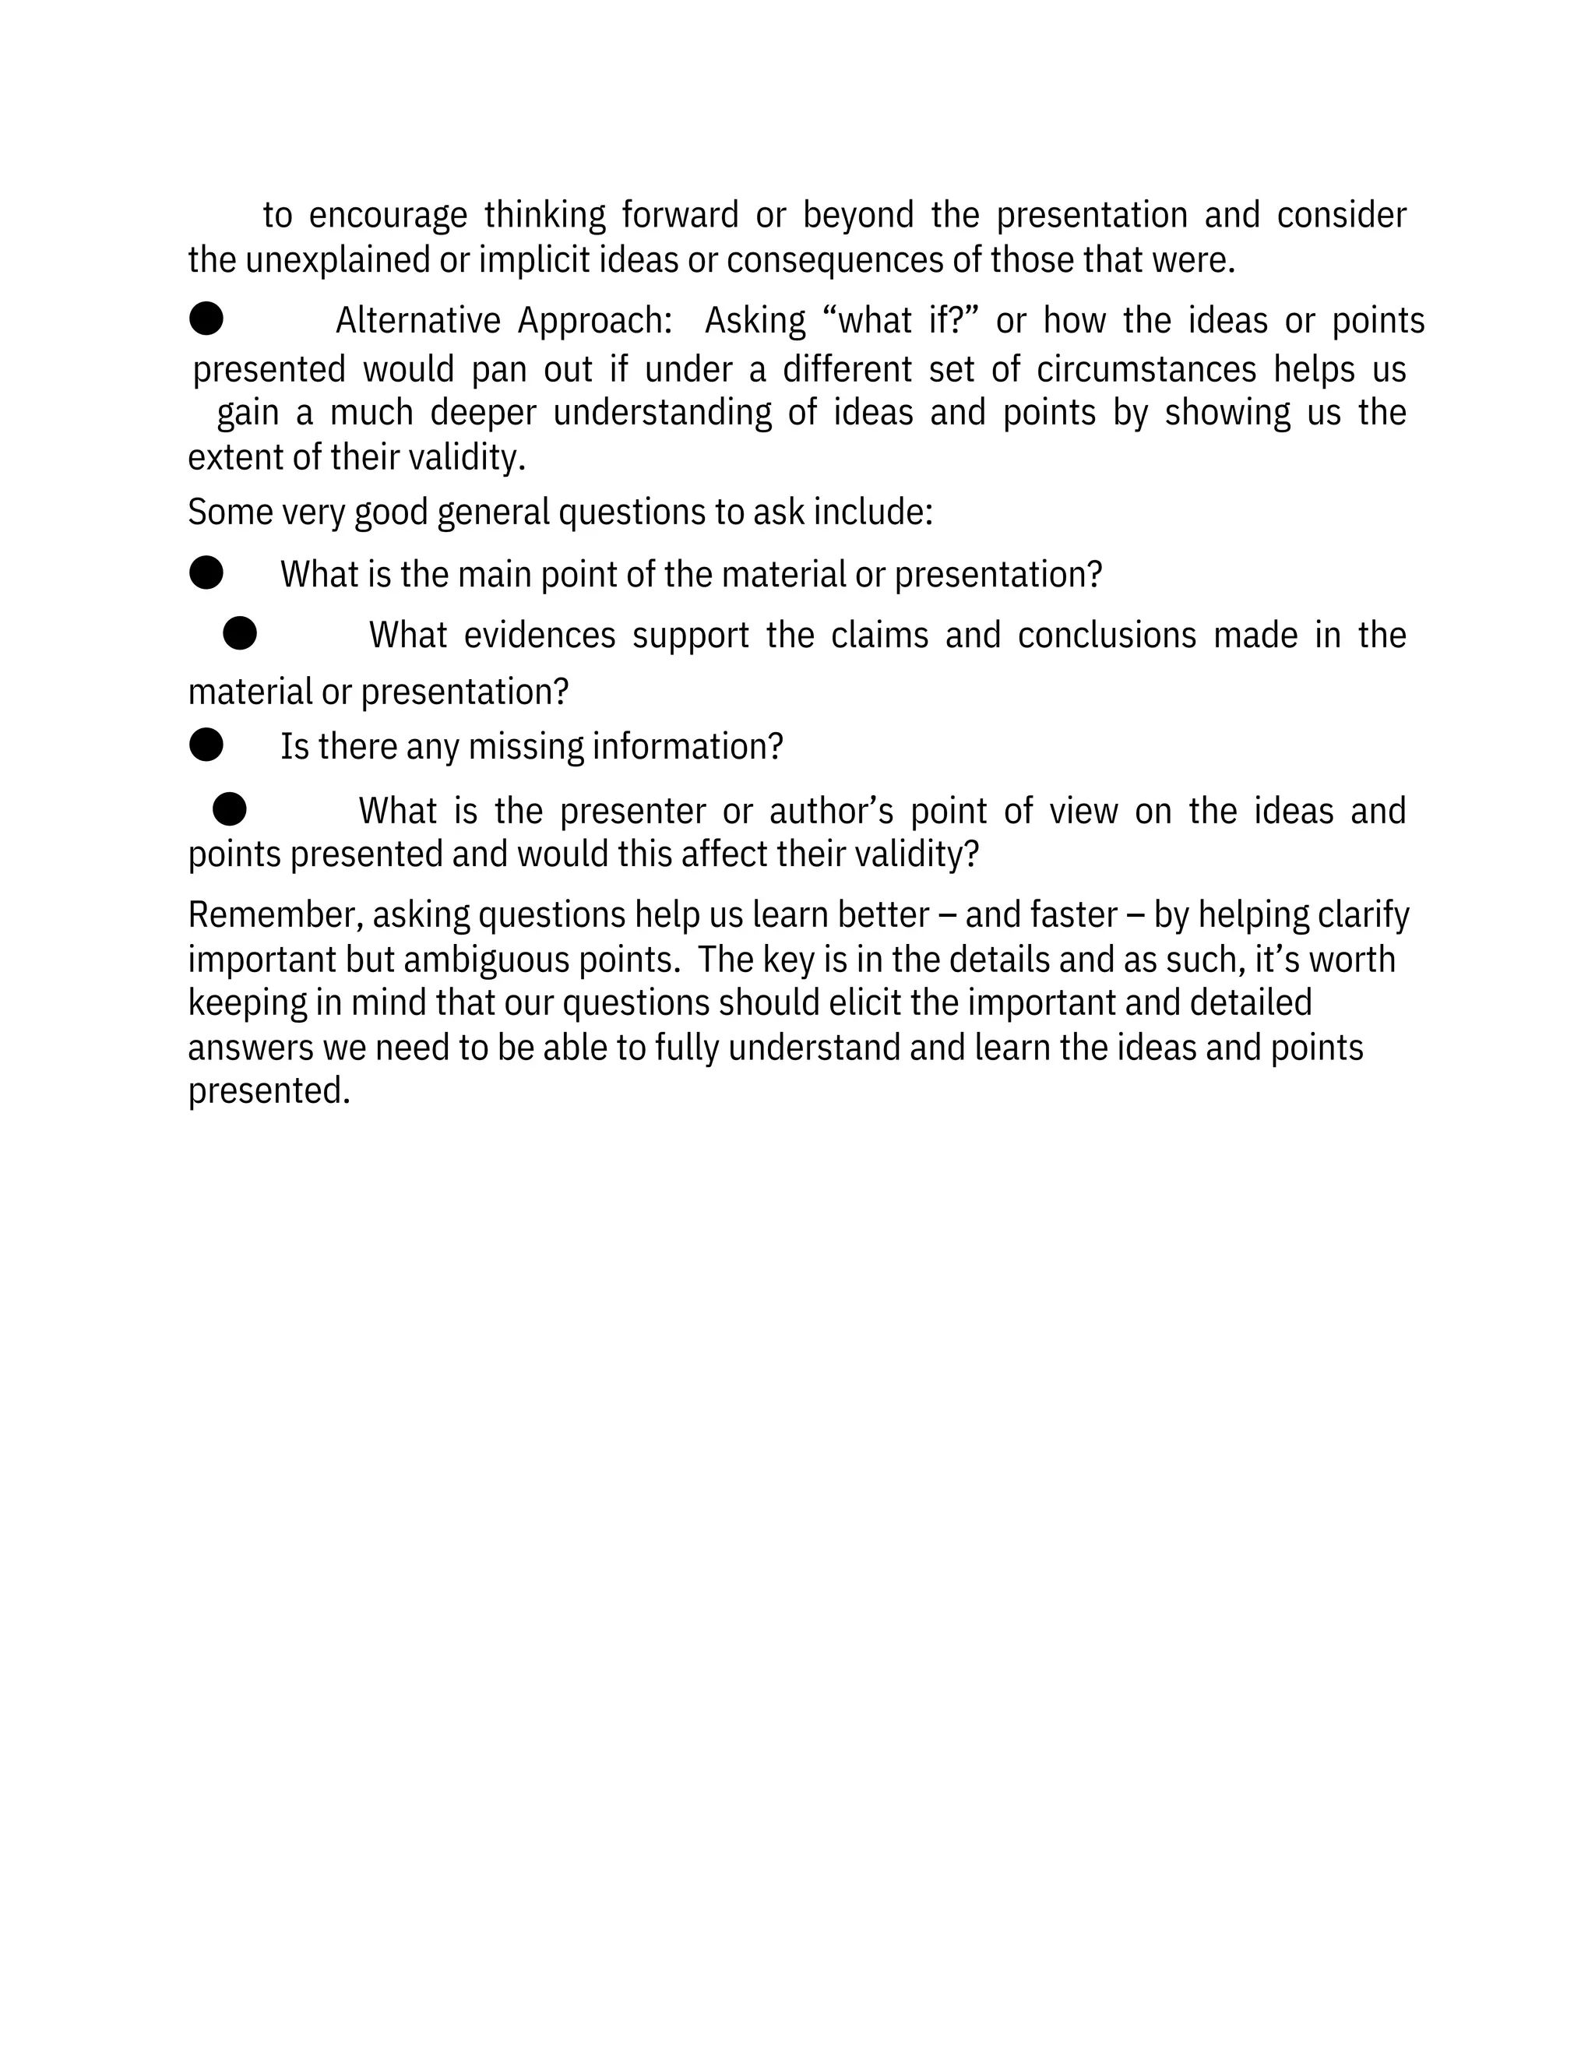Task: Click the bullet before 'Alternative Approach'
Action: (206, 319)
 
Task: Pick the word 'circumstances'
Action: (1146, 369)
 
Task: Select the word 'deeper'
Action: (483, 414)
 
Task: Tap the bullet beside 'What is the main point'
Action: (206, 572)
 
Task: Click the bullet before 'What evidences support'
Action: (240, 633)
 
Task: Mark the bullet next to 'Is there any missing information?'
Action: (206, 745)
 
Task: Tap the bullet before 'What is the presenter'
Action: (230, 809)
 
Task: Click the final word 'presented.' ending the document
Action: (269, 1091)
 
